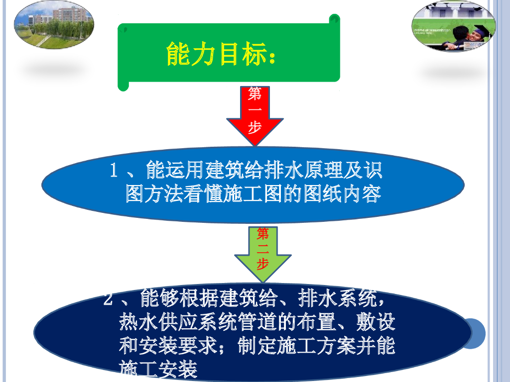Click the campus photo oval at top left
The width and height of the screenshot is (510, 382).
[54, 25]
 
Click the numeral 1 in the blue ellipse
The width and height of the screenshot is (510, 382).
[114, 172]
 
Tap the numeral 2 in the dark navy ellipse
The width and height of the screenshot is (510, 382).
[109, 300]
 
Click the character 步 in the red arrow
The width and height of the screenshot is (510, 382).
[255, 128]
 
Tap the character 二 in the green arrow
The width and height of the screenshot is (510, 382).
[262, 249]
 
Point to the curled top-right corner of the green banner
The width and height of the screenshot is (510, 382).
[335, 19]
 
